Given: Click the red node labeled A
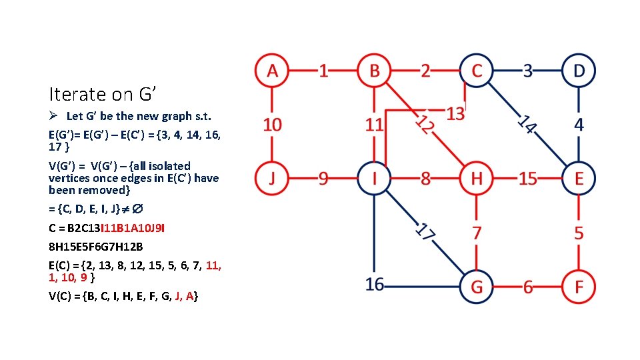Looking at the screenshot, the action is [x=272, y=71].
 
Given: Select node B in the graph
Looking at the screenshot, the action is [x=375, y=71].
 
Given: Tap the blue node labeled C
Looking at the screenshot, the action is [x=476, y=71].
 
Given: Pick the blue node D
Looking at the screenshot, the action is [x=579, y=71].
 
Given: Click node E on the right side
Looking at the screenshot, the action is [x=579, y=179].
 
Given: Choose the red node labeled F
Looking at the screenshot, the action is [x=579, y=287].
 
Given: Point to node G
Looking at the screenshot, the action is [x=476, y=287].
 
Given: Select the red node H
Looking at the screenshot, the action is [x=476, y=179].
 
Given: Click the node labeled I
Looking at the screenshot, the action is [x=375, y=179].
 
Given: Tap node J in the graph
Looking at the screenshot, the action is [x=272, y=179].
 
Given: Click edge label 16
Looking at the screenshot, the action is [x=375, y=285].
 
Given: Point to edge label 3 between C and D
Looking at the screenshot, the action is [x=527, y=71].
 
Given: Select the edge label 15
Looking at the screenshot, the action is [x=527, y=179].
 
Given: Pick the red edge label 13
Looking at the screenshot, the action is [x=455, y=113].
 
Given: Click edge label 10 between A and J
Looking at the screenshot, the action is [x=272, y=125].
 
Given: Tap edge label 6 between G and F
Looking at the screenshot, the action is [x=527, y=287].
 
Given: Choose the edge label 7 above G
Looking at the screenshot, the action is [x=476, y=233].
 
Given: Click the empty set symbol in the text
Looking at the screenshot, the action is [x=137, y=210].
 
